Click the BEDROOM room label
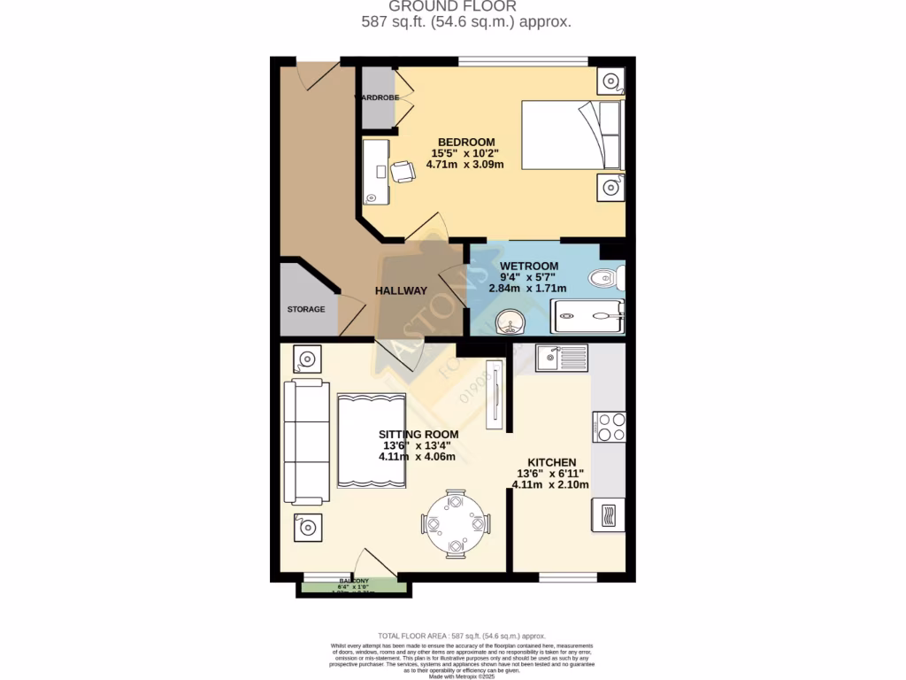[x=465, y=142]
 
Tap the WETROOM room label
[x=529, y=266]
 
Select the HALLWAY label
[x=401, y=290]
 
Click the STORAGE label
[x=305, y=309]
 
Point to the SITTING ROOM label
[x=418, y=434]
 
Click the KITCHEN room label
[x=552, y=462]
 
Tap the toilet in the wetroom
[x=609, y=279]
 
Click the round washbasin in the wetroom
[x=511, y=321]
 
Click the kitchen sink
[x=561, y=358]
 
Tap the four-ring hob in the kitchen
[x=610, y=426]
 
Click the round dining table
[x=455, y=523]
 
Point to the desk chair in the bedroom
[x=403, y=171]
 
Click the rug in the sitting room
[x=372, y=440]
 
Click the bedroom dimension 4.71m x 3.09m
[x=465, y=164]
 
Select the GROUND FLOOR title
[x=466, y=6]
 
